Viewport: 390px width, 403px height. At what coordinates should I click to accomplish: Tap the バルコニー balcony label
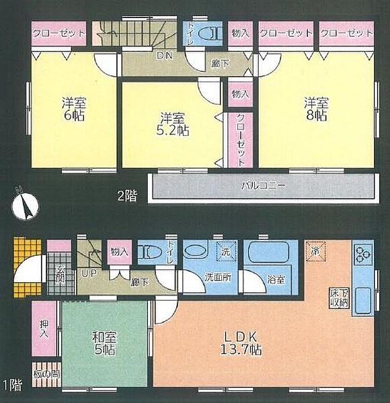pyautogui.click(x=263, y=184)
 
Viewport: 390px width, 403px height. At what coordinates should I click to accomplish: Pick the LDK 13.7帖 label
pyautogui.click(x=238, y=343)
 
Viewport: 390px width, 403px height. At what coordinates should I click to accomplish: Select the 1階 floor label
pyautogui.click(x=11, y=385)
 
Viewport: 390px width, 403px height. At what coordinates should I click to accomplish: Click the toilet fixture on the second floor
pyautogui.click(x=212, y=32)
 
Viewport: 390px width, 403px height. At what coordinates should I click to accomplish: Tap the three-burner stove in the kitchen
pyautogui.click(x=364, y=255)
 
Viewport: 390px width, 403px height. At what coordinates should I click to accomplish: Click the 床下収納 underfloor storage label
pyautogui.click(x=338, y=298)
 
